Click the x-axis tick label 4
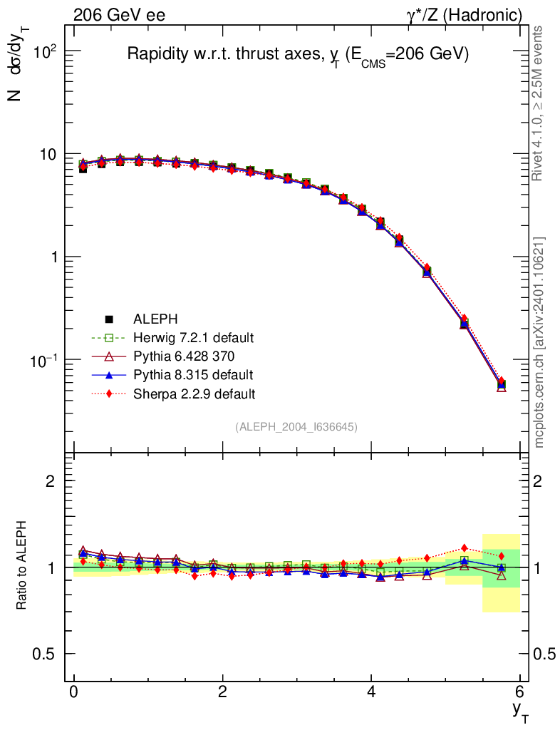[x=371, y=693]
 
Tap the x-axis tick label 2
[x=223, y=693]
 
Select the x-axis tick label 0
[x=74, y=693]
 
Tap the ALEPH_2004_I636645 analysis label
[x=296, y=426]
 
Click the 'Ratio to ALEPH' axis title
[x=24, y=567]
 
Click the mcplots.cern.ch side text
[x=539, y=342]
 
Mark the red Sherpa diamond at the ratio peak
[x=465, y=548]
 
